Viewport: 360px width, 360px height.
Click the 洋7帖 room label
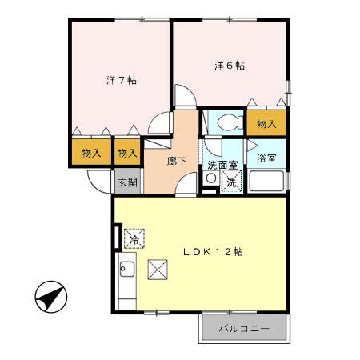point(122,81)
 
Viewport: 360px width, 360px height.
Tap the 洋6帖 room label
point(228,65)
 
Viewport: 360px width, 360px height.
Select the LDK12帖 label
point(213,251)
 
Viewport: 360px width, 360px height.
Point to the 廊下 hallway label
point(178,161)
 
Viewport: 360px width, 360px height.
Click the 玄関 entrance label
point(128,182)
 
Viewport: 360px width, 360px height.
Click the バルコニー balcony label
point(244,329)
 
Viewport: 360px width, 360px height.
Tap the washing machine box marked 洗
point(230,182)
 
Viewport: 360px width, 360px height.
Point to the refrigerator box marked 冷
point(134,238)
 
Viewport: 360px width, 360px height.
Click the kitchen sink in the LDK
point(126,268)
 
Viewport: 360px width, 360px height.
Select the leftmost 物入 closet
point(90,152)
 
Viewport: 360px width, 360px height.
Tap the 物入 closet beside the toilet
point(266,123)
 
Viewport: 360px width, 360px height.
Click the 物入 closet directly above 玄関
point(126,152)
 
